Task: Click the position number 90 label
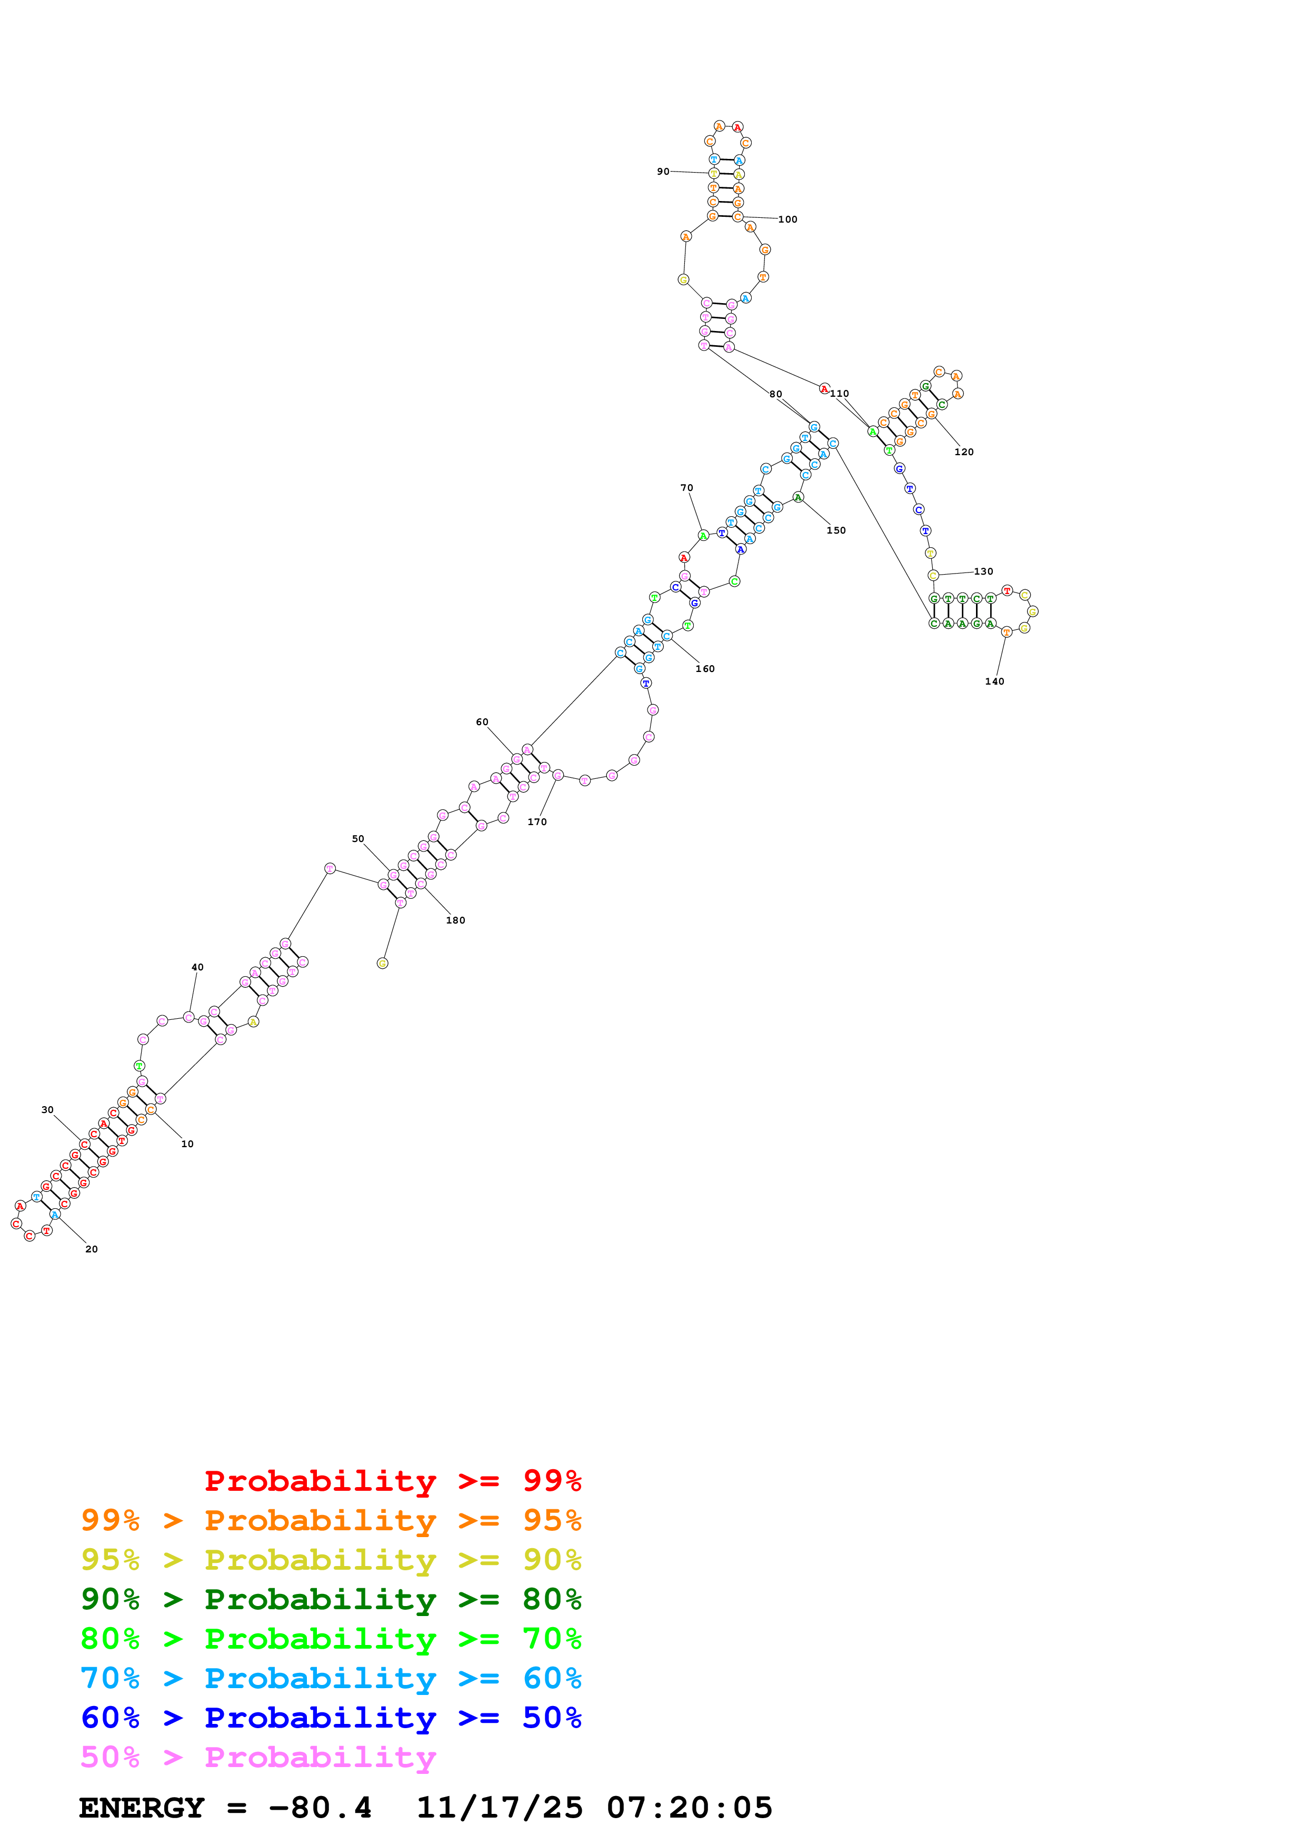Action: pos(663,171)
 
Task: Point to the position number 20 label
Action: pos(92,1249)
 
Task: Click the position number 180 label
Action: pos(455,920)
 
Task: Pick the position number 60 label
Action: pos(482,722)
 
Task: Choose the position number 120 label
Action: pos(963,452)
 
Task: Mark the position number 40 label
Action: pos(197,967)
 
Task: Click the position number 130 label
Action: pos(983,571)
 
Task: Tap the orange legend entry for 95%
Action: pos(331,1520)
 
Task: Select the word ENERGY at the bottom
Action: pos(142,1808)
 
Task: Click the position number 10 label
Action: pos(187,1143)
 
